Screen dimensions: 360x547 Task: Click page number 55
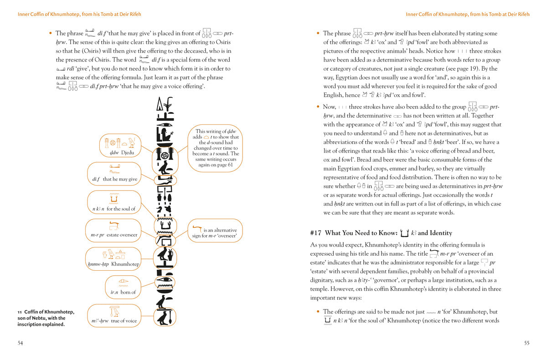(526, 343)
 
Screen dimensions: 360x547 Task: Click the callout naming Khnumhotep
(113, 259)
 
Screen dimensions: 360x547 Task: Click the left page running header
(79, 15)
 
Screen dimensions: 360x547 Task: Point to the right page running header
(468, 15)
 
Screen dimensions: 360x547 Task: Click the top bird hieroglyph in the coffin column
(164, 168)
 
